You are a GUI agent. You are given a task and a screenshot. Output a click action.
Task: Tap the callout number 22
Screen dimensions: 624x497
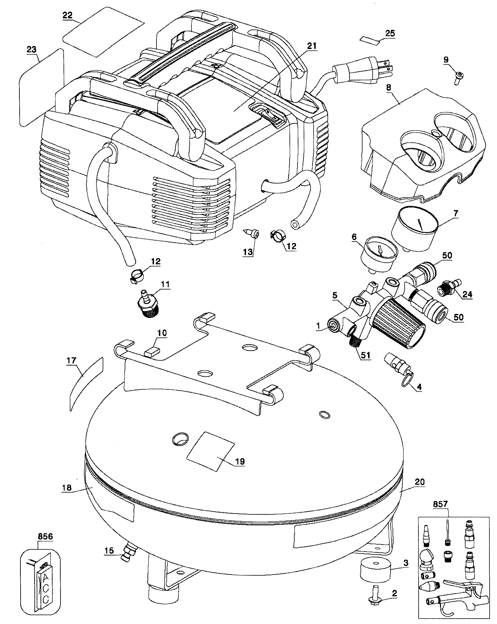[x=67, y=15]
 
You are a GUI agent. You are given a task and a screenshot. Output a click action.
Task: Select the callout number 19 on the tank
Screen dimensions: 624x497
[x=240, y=461]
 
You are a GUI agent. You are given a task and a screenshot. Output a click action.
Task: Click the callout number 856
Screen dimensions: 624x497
[x=45, y=536]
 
